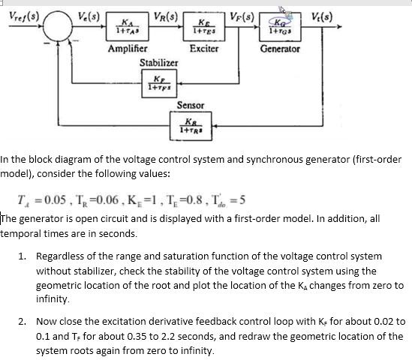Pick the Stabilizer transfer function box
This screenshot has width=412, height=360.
(159, 82)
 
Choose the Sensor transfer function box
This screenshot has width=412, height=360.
(191, 124)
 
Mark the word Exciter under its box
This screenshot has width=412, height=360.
(204, 49)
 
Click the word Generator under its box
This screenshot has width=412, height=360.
(280, 49)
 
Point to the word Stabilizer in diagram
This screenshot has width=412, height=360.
(159, 63)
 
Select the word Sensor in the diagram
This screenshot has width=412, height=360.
(191, 106)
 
